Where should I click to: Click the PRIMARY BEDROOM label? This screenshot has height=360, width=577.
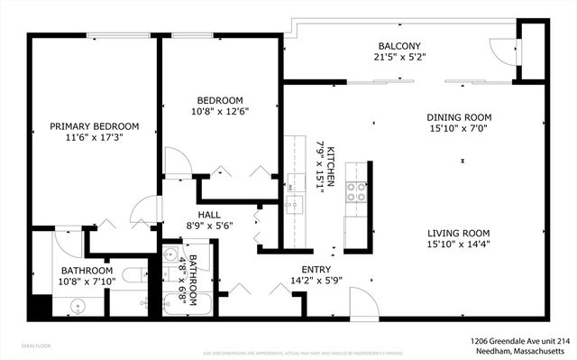(x=94, y=126)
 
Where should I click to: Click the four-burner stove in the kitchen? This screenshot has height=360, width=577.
(x=355, y=191)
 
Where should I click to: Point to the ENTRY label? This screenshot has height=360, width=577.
(x=316, y=269)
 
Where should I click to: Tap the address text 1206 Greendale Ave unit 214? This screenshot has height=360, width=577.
(x=519, y=341)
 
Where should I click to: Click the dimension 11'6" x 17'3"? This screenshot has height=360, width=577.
(x=94, y=139)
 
